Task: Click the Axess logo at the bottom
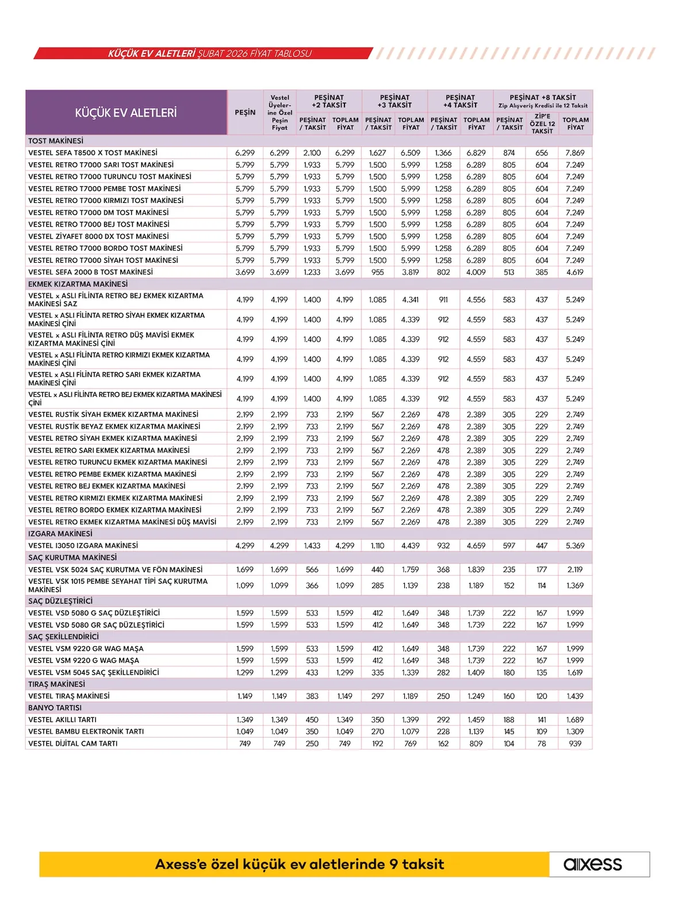pos(593,864)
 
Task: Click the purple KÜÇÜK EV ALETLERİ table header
pos(126,113)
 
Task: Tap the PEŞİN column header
pos(245,113)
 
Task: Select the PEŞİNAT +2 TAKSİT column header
pos(329,101)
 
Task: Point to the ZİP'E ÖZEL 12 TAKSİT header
pos(542,124)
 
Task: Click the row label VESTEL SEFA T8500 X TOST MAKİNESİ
pos(93,153)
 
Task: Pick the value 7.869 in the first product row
pos(575,153)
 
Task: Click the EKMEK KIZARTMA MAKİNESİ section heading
pos(78,284)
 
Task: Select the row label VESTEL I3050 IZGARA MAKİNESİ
pos(83,546)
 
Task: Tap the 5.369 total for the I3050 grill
pos(575,546)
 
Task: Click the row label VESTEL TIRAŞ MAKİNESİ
pos(69,696)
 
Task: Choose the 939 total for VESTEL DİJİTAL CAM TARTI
pos(575,744)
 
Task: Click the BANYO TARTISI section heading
pos(55,708)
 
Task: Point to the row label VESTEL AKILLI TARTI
pos(63,720)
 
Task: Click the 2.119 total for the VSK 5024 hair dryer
pos(575,570)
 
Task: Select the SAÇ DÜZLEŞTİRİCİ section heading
pos(60,601)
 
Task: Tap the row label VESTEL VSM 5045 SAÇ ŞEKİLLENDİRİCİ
pos(94,672)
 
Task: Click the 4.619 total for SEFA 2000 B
pos(575,272)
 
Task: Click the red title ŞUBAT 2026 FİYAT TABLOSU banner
pos(210,53)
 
